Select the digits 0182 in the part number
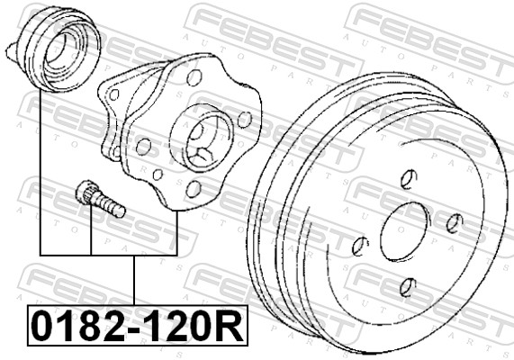77,326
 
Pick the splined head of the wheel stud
86,192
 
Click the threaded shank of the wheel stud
110,206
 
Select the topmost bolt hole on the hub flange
194,78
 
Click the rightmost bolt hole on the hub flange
244,118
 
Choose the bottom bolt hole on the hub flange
193,188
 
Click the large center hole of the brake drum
408,232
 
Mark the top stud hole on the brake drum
408,177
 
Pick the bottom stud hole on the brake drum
407,287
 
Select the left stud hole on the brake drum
360,245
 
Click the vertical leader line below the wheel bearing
41,171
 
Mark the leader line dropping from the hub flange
176,229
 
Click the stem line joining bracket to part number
135,279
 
